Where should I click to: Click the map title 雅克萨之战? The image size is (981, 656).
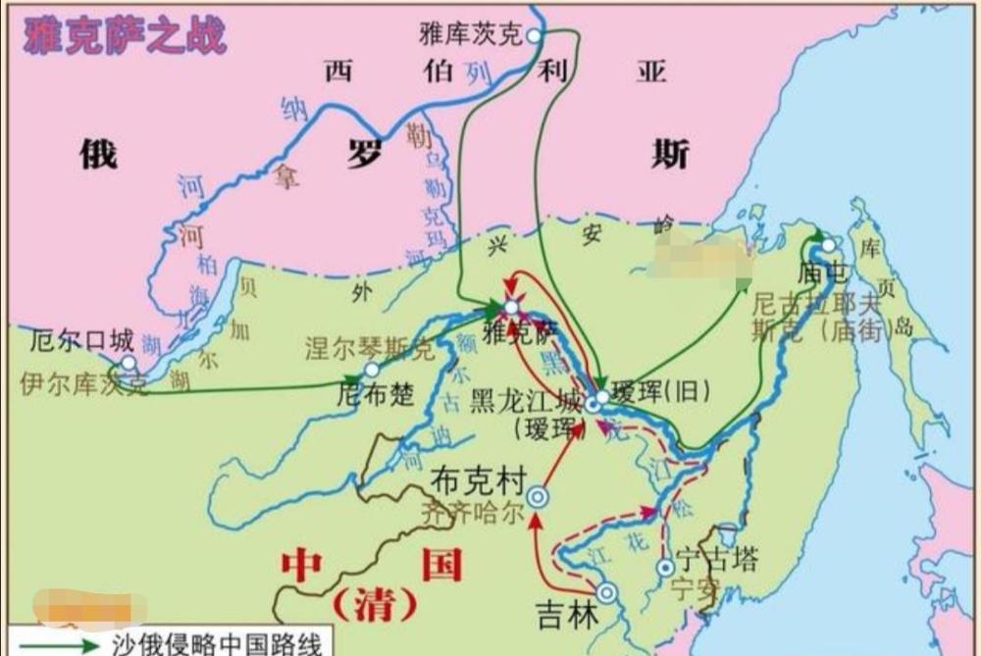point(125,34)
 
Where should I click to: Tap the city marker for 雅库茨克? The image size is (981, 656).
point(534,35)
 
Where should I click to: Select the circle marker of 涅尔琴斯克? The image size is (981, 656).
point(372,370)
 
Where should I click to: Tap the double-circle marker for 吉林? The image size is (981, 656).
point(607,592)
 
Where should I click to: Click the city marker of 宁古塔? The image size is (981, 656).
point(666,567)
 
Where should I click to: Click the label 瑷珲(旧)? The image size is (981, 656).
point(652,389)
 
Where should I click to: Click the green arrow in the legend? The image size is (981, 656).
point(49,645)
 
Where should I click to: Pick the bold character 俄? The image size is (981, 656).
point(98,155)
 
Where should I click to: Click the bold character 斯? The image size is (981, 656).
point(670,155)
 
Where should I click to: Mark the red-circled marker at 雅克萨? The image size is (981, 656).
point(510,308)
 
